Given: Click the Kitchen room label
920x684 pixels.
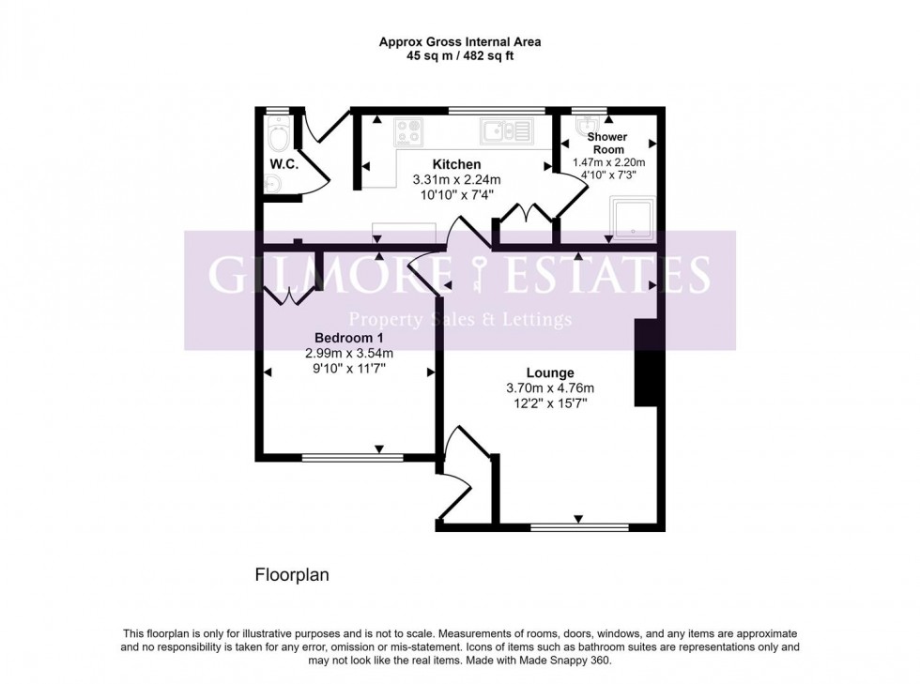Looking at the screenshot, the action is point(456,164).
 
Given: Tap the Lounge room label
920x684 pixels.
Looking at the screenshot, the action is point(550,372).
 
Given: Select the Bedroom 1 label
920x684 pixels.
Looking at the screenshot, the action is point(349,338).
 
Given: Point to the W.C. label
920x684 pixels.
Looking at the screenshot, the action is point(284,164).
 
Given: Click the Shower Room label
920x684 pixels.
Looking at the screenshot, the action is point(608,144).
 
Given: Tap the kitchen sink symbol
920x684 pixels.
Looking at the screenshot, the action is point(507,130).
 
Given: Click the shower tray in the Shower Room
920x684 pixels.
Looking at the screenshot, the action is point(632,218).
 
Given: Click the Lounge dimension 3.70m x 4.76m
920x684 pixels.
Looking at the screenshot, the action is point(550,388).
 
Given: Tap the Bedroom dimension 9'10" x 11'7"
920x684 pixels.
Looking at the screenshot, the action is point(349,369).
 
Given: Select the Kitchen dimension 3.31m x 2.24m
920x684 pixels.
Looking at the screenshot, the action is point(456,179).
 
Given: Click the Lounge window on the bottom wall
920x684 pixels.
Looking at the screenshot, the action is point(579,527).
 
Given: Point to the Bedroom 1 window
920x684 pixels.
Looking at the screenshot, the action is point(353,458).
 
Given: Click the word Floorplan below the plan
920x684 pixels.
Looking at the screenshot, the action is point(292,575).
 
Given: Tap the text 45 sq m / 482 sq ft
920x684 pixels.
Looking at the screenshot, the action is point(460,56).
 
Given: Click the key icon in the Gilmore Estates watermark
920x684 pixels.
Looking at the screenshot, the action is point(479,274).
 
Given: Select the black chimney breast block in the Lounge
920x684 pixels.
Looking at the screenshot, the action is point(647,362).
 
